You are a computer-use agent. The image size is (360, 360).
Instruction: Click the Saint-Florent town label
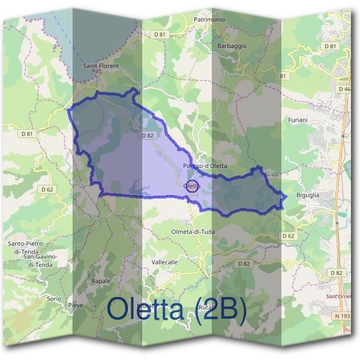pyautogui.click(x=101, y=65)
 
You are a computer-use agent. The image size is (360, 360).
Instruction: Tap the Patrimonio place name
pyautogui.click(x=209, y=20)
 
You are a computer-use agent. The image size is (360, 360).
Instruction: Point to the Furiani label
pyautogui.click(x=297, y=120)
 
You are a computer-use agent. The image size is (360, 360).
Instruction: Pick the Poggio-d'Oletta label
pyautogui.click(x=205, y=166)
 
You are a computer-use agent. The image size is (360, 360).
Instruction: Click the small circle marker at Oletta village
pyautogui.click(x=193, y=185)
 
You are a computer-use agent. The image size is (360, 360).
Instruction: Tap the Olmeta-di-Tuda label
pyautogui.click(x=193, y=231)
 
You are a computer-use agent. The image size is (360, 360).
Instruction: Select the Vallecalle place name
pyautogui.click(x=165, y=262)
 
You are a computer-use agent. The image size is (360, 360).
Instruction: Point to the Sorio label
pyautogui.click(x=54, y=298)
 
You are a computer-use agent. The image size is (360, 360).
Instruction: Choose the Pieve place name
pyautogui.click(x=76, y=305)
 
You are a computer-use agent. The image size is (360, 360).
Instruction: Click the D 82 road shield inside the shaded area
pyautogui.click(x=148, y=136)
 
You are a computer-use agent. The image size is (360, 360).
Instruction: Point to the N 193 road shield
pyautogui.click(x=343, y=316)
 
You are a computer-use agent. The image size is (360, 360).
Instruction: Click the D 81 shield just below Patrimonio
pyautogui.click(x=159, y=35)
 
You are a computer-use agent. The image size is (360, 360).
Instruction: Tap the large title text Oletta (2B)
pyautogui.click(x=177, y=310)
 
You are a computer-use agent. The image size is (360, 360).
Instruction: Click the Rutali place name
pyautogui.click(x=206, y=307)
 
